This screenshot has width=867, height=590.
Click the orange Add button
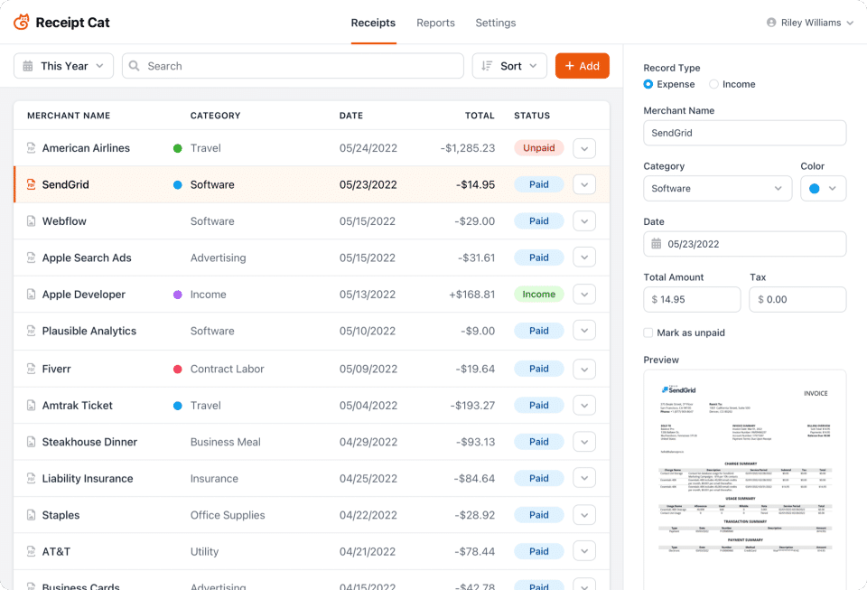[582, 66]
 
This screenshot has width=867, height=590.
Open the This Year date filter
[64, 66]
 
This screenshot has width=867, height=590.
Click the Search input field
[291, 66]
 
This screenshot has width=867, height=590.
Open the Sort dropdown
[509, 66]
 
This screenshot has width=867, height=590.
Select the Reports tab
[435, 23]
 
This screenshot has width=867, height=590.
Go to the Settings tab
[495, 23]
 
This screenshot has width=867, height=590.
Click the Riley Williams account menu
[810, 23]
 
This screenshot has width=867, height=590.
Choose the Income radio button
[714, 84]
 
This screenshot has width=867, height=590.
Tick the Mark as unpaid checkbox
[648, 332]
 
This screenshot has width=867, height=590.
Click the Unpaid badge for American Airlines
[539, 148]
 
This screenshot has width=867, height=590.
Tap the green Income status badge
[539, 295]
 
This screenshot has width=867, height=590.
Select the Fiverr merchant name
[56, 369]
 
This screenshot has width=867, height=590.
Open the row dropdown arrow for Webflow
[584, 221]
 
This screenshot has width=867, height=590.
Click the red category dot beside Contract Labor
[178, 369]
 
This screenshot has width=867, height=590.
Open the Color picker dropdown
[823, 189]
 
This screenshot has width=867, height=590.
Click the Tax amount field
[797, 299]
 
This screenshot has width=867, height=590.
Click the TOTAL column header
[480, 116]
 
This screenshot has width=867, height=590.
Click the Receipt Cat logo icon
[22, 23]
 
